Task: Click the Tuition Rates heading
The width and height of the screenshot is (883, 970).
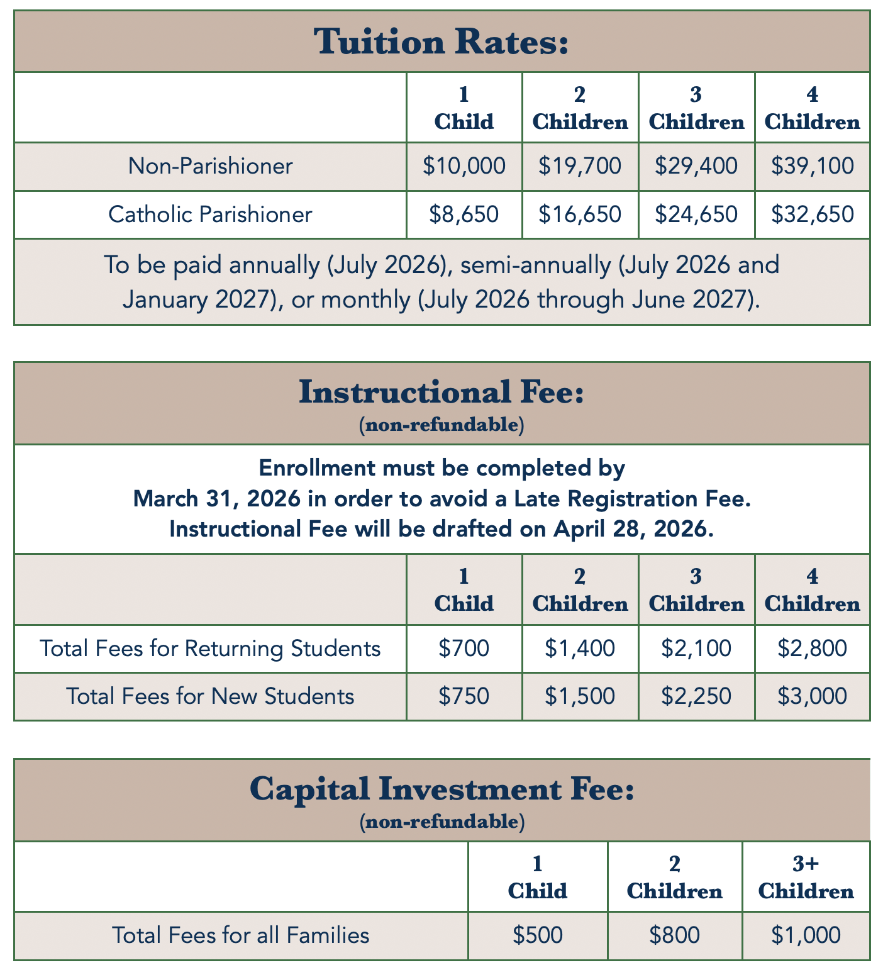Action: [x=441, y=42]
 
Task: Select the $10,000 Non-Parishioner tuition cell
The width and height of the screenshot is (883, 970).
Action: [x=464, y=166]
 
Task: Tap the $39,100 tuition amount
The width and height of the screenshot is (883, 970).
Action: [x=813, y=166]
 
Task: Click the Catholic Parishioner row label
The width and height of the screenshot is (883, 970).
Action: [x=210, y=215]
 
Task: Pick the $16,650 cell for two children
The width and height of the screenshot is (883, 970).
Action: [x=580, y=215]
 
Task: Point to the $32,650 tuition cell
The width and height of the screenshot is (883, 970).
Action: [x=813, y=215]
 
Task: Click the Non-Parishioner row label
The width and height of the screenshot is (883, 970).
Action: [x=210, y=166]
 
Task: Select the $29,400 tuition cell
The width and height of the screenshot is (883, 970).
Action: [x=696, y=166]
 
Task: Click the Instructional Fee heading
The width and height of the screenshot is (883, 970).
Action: [x=441, y=392]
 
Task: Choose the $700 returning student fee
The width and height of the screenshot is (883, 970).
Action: [x=464, y=648]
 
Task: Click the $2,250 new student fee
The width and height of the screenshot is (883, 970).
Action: [x=696, y=696]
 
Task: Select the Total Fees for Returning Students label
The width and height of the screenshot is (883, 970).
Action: [x=210, y=648]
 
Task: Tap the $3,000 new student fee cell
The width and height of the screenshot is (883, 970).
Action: [x=813, y=696]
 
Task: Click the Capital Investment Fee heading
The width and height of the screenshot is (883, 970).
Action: [x=441, y=789]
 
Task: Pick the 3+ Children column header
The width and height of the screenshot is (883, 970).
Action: [x=806, y=878]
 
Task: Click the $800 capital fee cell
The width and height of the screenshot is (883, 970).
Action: [x=675, y=935]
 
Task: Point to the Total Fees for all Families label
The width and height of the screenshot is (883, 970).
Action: [x=241, y=935]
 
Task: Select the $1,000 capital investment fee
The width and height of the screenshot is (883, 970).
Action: [x=806, y=935]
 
